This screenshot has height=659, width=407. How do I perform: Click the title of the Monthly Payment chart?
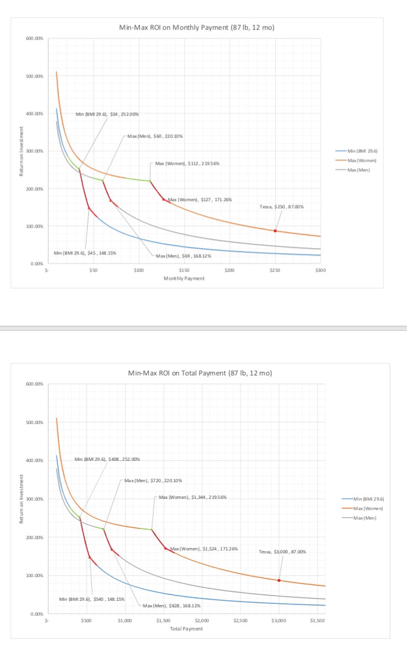point(196,28)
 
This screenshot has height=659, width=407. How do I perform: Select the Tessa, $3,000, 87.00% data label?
point(282,552)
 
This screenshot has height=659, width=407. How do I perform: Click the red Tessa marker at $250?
point(275,231)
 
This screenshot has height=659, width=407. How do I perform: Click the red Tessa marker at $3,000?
point(279,580)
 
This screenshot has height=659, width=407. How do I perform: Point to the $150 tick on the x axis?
point(184,270)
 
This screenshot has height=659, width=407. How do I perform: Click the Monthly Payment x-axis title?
point(184,278)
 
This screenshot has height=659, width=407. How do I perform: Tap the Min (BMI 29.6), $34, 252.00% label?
point(107,114)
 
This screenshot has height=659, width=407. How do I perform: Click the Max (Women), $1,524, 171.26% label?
point(204,549)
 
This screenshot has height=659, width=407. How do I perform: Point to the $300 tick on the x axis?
point(320,270)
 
